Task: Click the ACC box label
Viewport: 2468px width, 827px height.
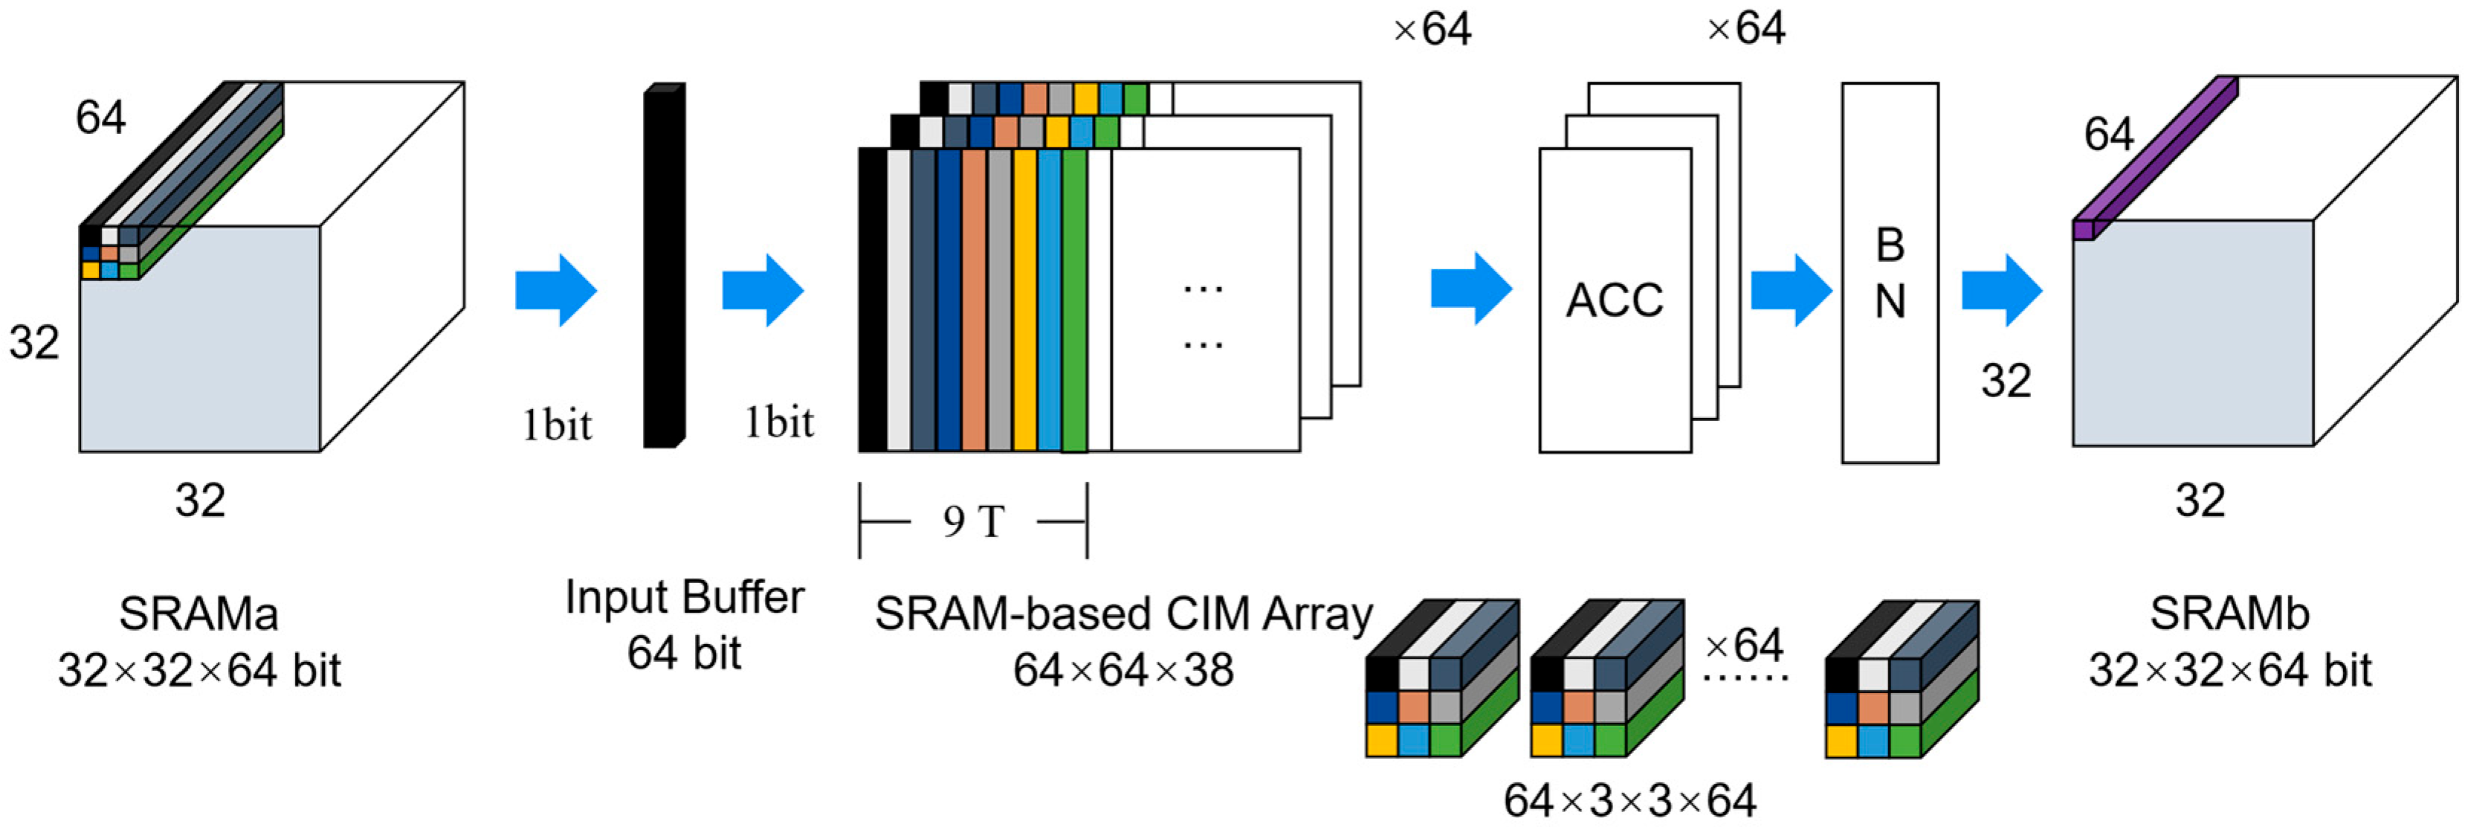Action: pos(1615,300)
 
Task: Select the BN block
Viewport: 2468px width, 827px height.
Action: pos(1890,273)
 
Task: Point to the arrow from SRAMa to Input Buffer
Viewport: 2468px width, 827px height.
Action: pos(556,289)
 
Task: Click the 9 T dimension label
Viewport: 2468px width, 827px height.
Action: pos(973,522)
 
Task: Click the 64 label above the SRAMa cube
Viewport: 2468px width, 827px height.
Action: pos(100,118)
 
